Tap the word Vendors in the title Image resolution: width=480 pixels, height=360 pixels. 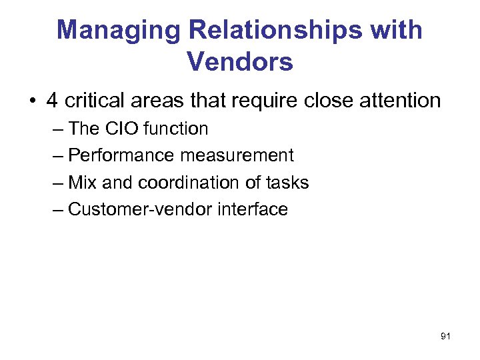coord(240,62)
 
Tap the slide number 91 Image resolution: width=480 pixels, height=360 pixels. coord(445,337)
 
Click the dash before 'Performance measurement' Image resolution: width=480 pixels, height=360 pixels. coord(57,156)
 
